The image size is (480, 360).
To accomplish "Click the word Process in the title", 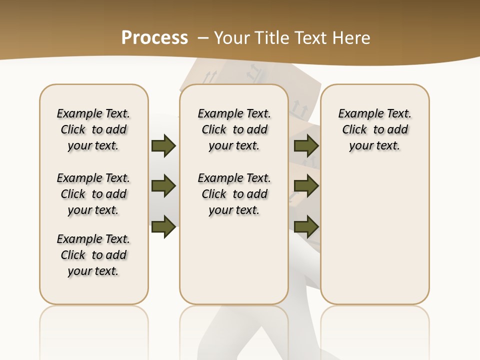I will (x=154, y=38).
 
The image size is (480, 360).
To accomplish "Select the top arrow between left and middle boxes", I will (x=163, y=145).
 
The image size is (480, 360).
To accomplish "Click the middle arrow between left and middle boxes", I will (x=163, y=186).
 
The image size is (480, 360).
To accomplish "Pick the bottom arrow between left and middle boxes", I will (x=163, y=227).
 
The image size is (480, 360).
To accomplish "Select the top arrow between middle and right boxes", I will (x=306, y=145).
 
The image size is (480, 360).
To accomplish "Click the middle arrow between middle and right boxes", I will (x=306, y=186).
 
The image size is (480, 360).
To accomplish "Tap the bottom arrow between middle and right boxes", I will (x=306, y=227).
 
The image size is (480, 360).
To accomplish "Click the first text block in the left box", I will (x=93, y=129).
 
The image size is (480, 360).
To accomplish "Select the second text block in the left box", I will (x=93, y=194).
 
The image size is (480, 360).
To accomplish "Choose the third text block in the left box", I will (x=93, y=255).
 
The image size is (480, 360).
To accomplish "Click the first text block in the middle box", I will (x=234, y=129).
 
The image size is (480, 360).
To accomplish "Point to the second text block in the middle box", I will (x=234, y=194).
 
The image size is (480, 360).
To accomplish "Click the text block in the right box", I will (x=374, y=129).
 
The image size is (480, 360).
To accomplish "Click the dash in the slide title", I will (x=202, y=38).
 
